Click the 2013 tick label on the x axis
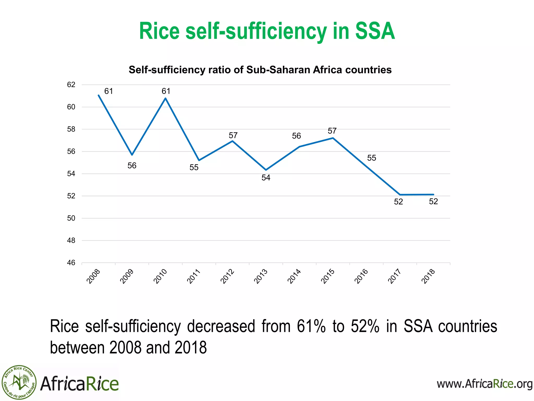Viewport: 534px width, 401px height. (x=261, y=276)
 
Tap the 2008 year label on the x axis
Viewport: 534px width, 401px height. (x=93, y=276)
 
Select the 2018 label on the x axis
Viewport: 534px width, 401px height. (x=428, y=276)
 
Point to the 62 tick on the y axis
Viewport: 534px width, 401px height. (x=71, y=85)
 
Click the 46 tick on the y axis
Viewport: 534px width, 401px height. (x=71, y=263)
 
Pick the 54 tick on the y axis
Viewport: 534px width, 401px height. (x=71, y=174)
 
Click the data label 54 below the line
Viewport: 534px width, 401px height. (x=266, y=178)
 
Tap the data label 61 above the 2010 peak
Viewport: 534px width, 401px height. (x=166, y=91)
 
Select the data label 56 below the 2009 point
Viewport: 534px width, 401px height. (x=132, y=166)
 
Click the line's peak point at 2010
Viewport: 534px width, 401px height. (x=166, y=98)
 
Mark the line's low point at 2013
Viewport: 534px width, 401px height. (x=266, y=170)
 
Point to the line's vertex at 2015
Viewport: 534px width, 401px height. (x=333, y=138)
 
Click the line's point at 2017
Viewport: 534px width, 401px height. (x=400, y=195)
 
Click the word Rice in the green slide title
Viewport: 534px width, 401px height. (x=159, y=31)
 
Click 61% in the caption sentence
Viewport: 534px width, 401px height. (x=311, y=326)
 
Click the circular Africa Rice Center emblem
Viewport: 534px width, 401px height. (x=19, y=382)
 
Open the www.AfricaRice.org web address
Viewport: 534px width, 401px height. (x=484, y=384)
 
